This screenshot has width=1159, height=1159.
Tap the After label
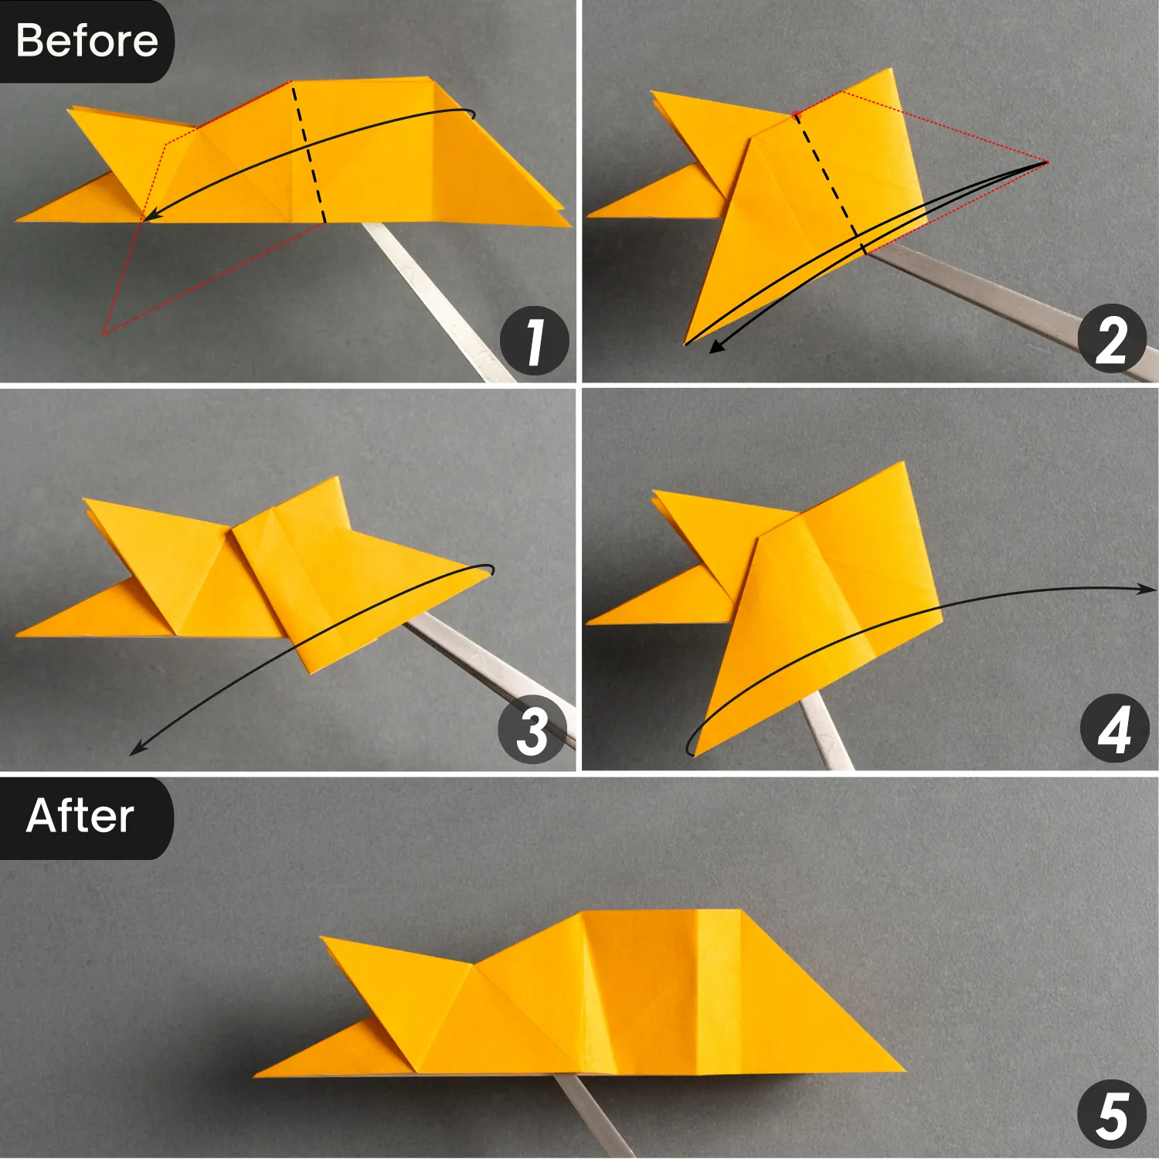click(x=80, y=816)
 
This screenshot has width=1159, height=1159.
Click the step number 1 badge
click(x=534, y=341)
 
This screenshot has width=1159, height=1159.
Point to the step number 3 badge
click(x=532, y=729)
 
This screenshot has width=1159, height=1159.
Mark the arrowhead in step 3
click(x=136, y=749)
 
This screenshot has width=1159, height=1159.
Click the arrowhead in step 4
click(x=1149, y=590)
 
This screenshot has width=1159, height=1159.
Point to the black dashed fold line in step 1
click(x=308, y=155)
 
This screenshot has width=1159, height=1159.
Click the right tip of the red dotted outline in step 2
click(x=1047, y=162)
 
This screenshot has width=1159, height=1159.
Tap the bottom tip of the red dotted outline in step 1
click(x=104, y=335)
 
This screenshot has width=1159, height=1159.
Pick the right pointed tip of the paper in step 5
click(x=902, y=1069)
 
